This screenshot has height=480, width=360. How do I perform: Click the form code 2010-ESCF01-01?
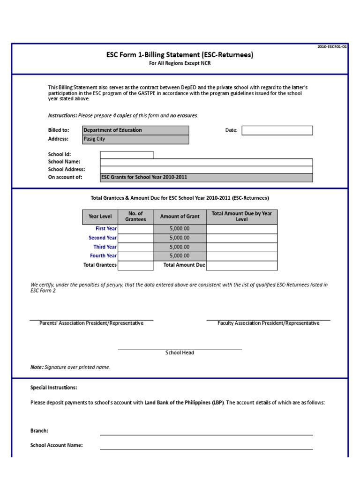pyautogui.click(x=332, y=47)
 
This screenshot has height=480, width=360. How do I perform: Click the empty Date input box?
pyautogui.click(x=277, y=130)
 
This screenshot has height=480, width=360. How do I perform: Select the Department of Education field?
pyautogui.click(x=135, y=130)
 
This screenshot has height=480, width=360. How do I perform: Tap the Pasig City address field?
pyautogui.click(x=135, y=139)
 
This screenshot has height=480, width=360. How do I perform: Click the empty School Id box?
pyautogui.click(x=127, y=155)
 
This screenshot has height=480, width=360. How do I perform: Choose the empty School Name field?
pyautogui.click(x=206, y=162)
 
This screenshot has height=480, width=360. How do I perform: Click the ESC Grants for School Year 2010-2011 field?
pyautogui.click(x=206, y=177)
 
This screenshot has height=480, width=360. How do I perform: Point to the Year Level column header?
pyautogui.click(x=100, y=217)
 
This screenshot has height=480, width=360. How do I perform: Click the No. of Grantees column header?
pyautogui.click(x=135, y=217)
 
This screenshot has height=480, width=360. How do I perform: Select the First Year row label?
pyautogui.click(x=106, y=229)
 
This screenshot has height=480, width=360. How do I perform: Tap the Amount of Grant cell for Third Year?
pyautogui.click(x=180, y=247)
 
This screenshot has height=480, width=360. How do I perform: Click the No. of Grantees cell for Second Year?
pyautogui.click(x=135, y=238)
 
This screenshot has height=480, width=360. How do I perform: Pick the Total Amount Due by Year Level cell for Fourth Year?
pyautogui.click(x=241, y=256)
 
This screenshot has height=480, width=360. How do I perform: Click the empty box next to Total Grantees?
pyautogui.click(x=135, y=265)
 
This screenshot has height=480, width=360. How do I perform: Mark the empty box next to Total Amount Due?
pyautogui.click(x=241, y=265)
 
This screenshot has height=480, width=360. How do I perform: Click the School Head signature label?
pyautogui.click(x=180, y=353)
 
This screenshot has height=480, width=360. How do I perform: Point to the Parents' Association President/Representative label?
pyautogui.click(x=91, y=323)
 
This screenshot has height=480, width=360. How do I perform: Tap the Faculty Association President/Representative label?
pyautogui.click(x=268, y=323)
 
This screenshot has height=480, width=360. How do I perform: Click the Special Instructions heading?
pyautogui.click(x=54, y=388)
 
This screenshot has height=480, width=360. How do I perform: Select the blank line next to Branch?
pyautogui.click(x=206, y=431)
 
